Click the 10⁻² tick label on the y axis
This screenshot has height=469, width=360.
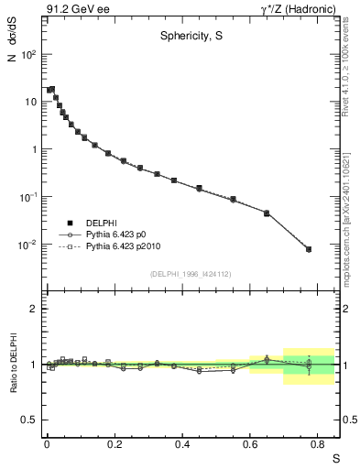pos(27,245)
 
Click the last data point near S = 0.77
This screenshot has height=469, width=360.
pos(308,249)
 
